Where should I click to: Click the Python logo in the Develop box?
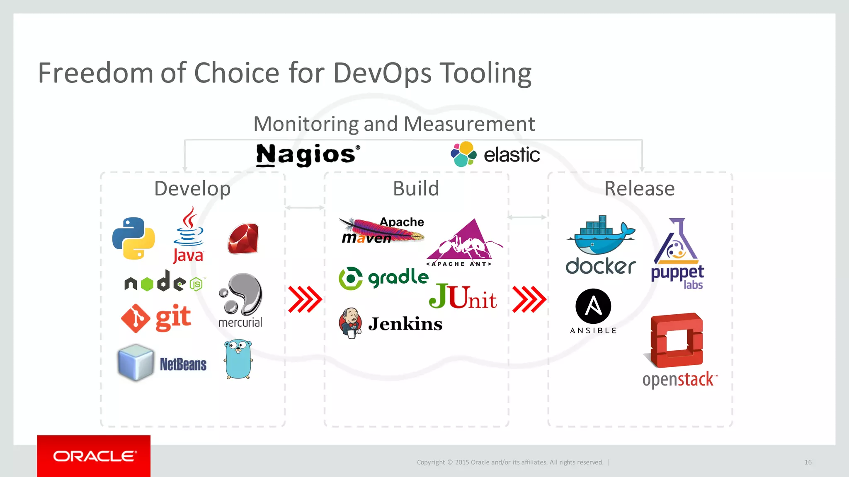click(x=133, y=238)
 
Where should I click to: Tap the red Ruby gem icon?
click(x=243, y=238)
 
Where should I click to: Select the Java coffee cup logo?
click(x=189, y=228)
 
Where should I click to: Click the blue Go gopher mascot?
click(x=238, y=359)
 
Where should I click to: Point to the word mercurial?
click(x=240, y=323)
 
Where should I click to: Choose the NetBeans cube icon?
click(x=136, y=362)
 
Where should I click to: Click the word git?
click(x=173, y=318)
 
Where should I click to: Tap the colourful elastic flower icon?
click(x=463, y=154)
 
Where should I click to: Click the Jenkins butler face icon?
click(x=351, y=323)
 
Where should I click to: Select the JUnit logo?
click(x=463, y=297)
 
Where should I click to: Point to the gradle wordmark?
click(x=398, y=277)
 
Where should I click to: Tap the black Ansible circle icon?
click(x=593, y=306)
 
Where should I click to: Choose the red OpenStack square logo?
click(x=677, y=340)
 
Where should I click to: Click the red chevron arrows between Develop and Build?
click(x=305, y=299)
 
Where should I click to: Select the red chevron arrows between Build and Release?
click(x=529, y=299)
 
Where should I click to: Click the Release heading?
click(x=639, y=189)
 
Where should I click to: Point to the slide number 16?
click(x=808, y=462)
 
